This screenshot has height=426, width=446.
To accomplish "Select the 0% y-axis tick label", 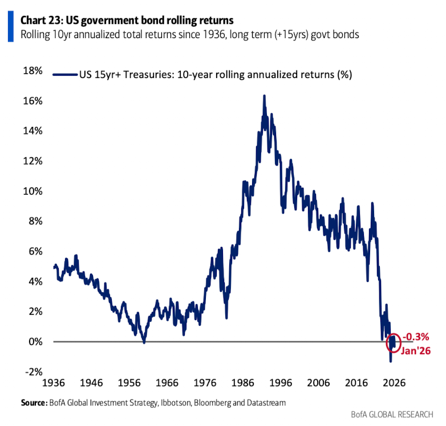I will coord(35,341).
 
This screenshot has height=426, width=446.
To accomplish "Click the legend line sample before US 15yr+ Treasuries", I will coord(65,75).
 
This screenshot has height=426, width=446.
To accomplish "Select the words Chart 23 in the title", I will coord(42,21).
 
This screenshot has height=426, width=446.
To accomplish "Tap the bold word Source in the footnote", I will coord(33,403).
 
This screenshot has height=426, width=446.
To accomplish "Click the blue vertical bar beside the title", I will coord(10,27).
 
